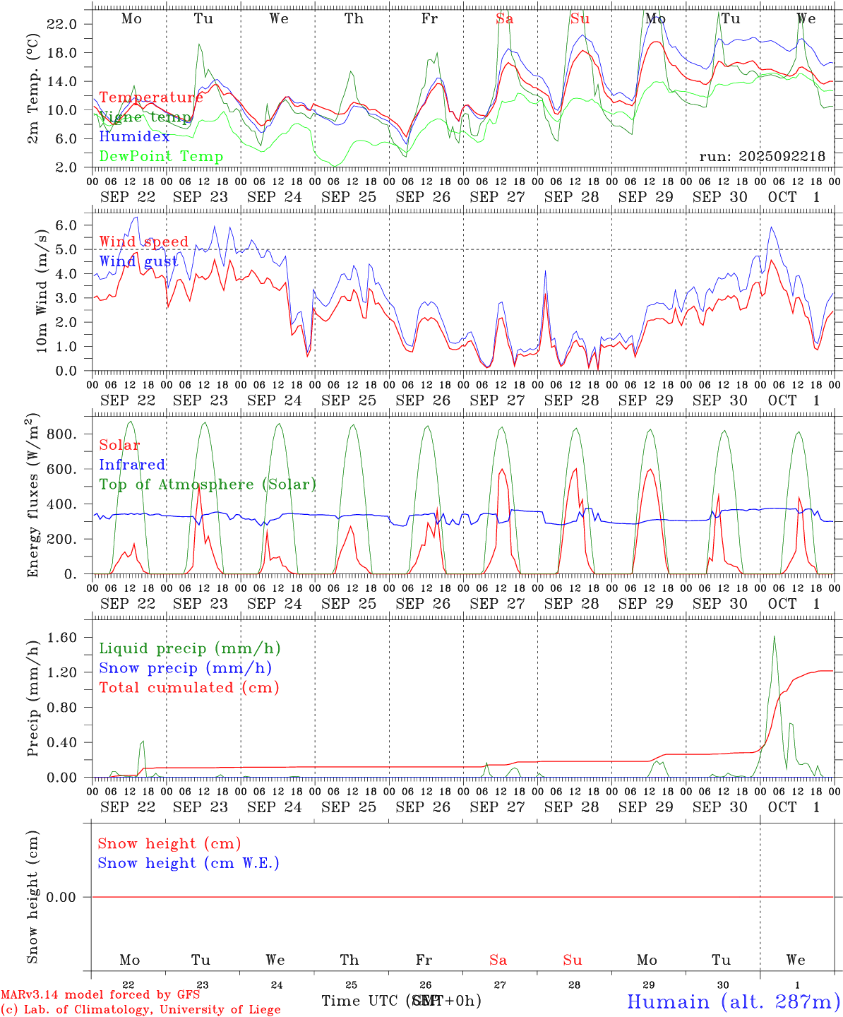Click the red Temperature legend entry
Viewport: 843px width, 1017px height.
pos(150,97)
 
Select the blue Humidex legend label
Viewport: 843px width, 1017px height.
pos(134,137)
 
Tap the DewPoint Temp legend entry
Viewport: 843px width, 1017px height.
pos(161,157)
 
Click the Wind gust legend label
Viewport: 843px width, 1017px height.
pos(138,261)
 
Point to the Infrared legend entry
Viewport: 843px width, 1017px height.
pos(132,465)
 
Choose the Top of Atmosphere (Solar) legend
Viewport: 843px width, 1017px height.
pos(207,484)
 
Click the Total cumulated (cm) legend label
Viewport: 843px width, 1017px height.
pos(189,688)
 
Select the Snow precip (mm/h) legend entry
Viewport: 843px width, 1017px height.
pos(185,668)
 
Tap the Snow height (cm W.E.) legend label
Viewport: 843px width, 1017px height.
pos(188,863)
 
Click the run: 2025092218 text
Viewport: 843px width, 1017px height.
pos(762,157)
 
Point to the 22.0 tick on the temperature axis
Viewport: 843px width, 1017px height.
pos(61,24)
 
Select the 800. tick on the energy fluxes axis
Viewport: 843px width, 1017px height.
pos(61,434)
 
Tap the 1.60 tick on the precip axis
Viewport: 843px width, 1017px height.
pos(61,638)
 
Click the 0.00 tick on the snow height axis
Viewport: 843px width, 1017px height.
pos(61,897)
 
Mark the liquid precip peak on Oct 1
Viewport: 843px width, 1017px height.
pos(774,637)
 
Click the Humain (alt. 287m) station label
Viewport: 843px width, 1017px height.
pos(733,1001)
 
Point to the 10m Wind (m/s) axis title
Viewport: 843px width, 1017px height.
pos(42,291)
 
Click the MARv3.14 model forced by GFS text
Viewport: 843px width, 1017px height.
pos(100,995)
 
